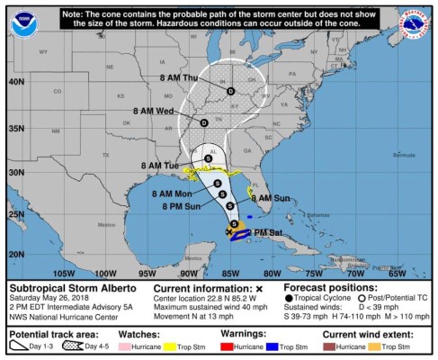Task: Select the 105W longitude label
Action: tap(63, 273)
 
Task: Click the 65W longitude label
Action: tap(397, 273)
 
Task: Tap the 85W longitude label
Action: tap(229, 273)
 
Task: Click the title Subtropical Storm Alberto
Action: tap(72, 288)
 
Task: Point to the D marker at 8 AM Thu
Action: tap(230, 92)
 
